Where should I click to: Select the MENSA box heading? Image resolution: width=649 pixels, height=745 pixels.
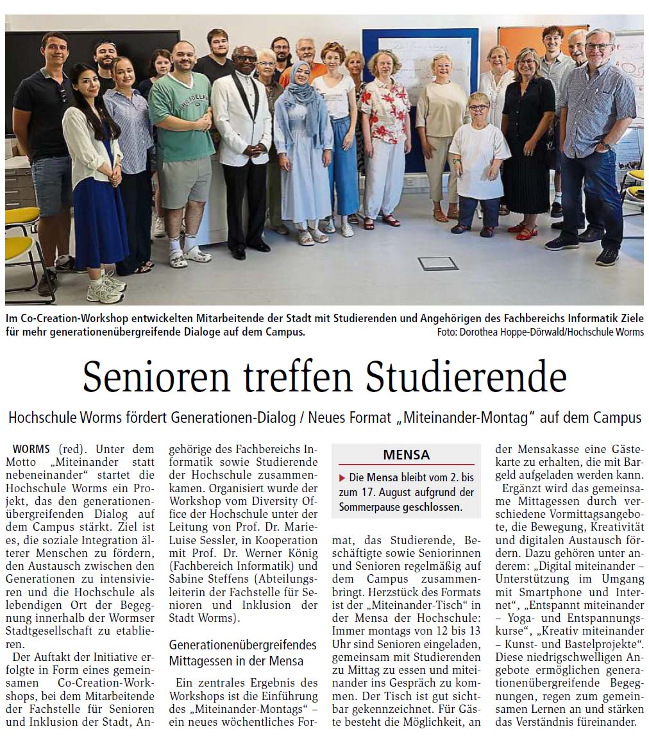coord(407,455)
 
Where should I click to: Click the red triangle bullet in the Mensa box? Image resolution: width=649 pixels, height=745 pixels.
coord(342,477)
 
